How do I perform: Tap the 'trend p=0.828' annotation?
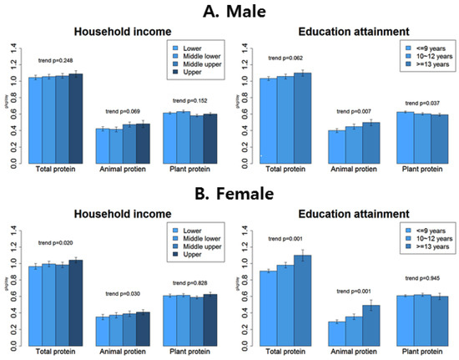pyautogui.click(x=184, y=281)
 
